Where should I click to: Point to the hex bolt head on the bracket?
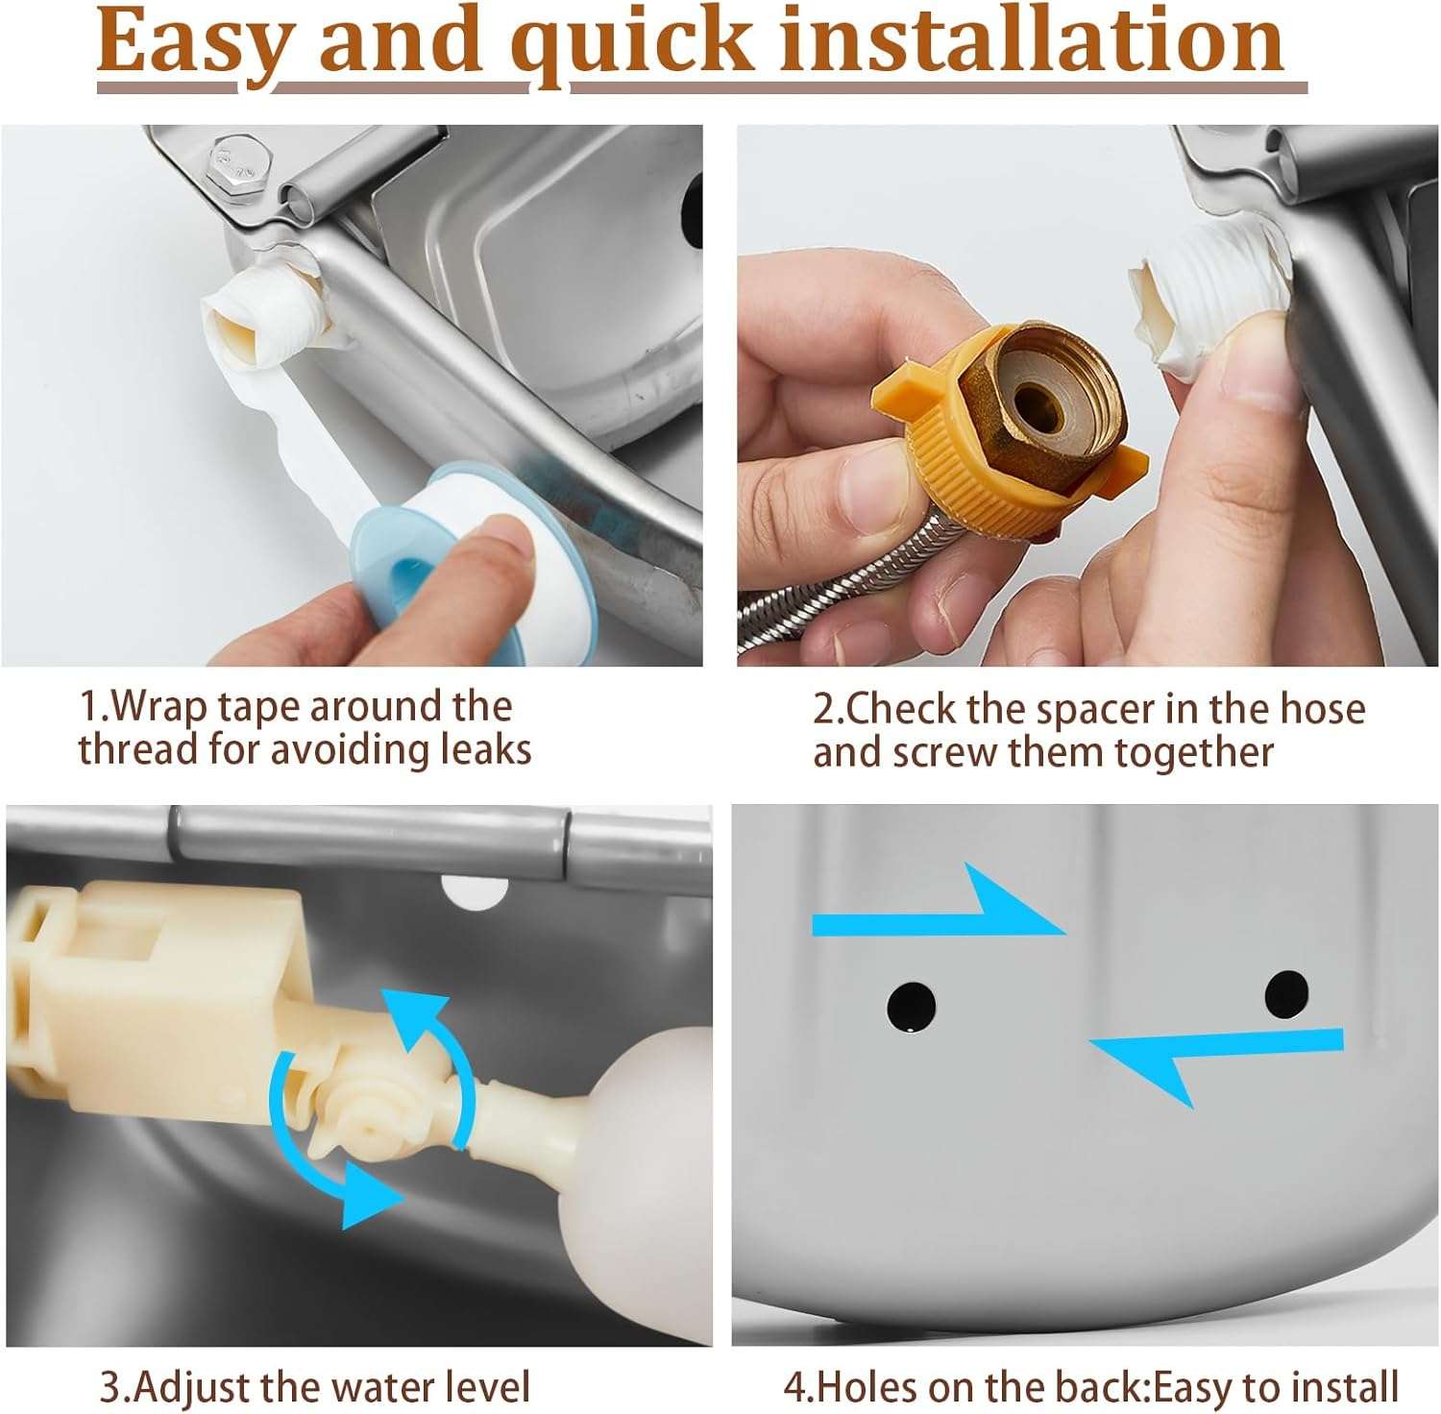click(232, 166)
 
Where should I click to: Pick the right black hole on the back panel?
click(1286, 994)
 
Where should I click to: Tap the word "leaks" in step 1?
click(486, 749)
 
